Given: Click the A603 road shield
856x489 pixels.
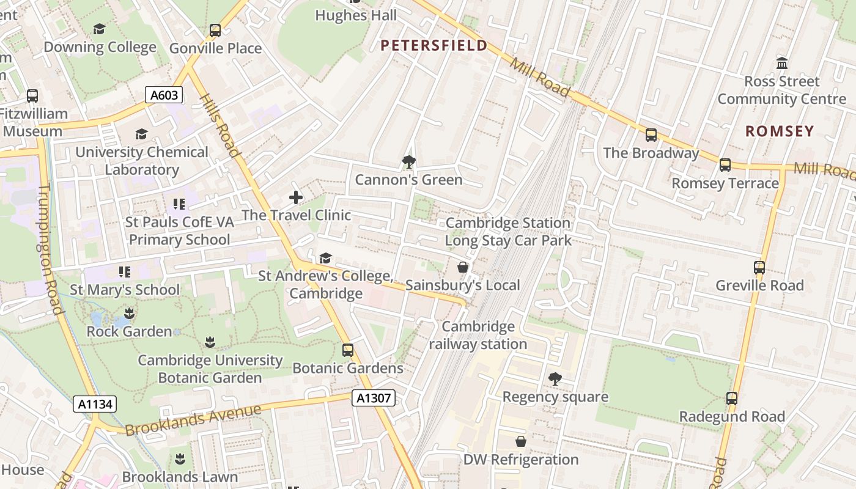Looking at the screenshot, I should (x=164, y=95).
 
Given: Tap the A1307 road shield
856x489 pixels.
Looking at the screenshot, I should (x=374, y=398).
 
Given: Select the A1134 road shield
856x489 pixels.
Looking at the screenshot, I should (x=95, y=404).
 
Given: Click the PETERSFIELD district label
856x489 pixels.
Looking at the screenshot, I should (x=434, y=45).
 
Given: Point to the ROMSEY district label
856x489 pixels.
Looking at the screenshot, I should (x=780, y=131).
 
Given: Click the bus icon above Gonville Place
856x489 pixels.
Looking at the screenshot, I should (x=215, y=30).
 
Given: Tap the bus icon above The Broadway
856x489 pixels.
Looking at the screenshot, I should (x=651, y=135).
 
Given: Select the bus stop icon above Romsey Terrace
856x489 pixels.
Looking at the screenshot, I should (x=725, y=164).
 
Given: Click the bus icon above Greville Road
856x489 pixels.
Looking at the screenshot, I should (x=759, y=267).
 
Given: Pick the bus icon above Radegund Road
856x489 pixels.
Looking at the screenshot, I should (x=732, y=399).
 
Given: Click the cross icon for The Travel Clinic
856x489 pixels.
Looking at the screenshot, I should (x=296, y=197).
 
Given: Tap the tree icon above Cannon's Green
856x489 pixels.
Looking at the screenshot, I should (x=408, y=162).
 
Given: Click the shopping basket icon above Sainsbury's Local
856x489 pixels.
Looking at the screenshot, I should (x=463, y=267).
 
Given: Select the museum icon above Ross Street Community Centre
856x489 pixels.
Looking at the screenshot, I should (x=782, y=63).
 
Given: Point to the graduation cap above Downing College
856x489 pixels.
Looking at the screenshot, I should (x=99, y=29).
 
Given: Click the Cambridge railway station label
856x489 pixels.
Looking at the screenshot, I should (x=478, y=335).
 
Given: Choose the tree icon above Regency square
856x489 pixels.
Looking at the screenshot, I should (x=555, y=379).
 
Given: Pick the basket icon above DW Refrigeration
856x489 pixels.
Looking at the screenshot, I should (x=521, y=441).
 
